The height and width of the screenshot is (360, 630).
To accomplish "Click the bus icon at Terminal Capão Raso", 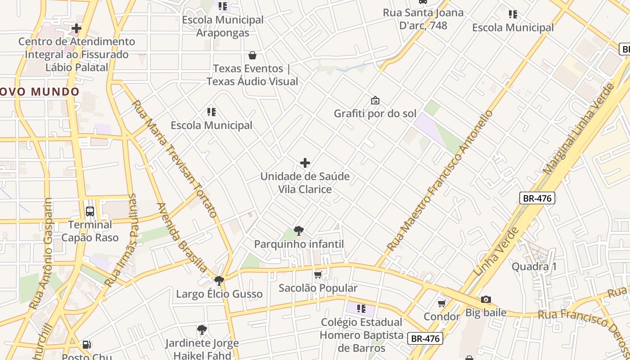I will point(90,211).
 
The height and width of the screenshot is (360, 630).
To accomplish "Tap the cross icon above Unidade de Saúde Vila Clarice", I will point(305,163).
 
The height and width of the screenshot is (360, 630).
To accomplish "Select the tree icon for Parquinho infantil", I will point(298,231).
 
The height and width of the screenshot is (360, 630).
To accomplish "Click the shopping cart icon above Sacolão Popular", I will point(318,274).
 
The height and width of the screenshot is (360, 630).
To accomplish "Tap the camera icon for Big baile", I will point(486,300).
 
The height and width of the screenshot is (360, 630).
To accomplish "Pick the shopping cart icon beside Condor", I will point(442,304).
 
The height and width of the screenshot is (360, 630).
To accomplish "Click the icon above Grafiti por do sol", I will point(375,100).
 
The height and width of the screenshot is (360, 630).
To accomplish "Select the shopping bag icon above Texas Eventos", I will point(252,55).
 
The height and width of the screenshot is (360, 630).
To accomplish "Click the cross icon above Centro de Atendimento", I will point(76,29).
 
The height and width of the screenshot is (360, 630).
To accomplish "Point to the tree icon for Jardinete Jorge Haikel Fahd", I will point(202,330).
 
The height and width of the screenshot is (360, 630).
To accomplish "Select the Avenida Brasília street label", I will point(182,238).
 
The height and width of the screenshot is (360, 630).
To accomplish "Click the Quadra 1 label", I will point(534,266).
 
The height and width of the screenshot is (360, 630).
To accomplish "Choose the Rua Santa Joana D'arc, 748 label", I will point(423,19).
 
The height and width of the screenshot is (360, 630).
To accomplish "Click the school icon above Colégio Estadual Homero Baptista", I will point(361,309).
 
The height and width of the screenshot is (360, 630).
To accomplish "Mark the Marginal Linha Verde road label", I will point(579,129).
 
